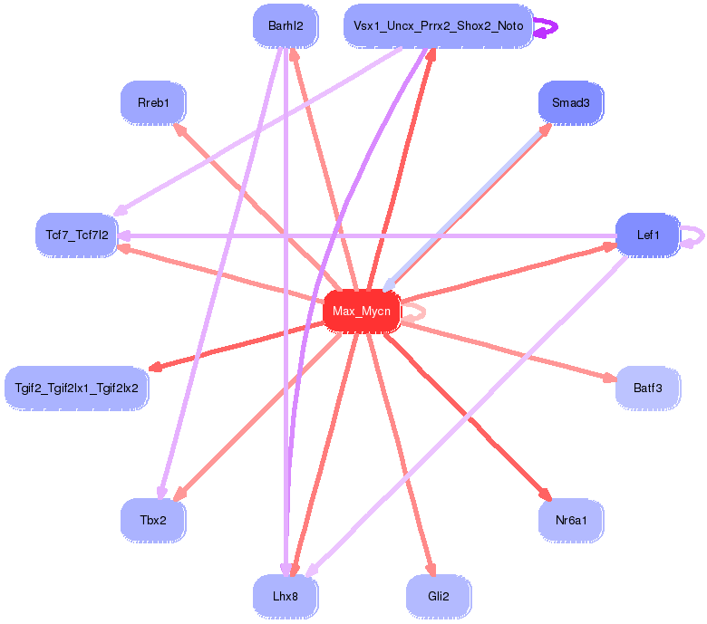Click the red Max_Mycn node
(x=362, y=312)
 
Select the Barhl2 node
(x=286, y=26)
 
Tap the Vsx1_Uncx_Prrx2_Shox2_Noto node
(x=437, y=26)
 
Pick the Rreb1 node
(x=153, y=103)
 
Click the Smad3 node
(x=570, y=103)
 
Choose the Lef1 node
(x=647, y=235)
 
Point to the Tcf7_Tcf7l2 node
(x=77, y=235)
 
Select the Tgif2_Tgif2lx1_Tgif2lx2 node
(x=77, y=389)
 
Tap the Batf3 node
(x=647, y=389)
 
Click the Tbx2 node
(x=153, y=520)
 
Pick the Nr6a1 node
(x=570, y=520)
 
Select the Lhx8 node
(x=286, y=597)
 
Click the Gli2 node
(x=439, y=597)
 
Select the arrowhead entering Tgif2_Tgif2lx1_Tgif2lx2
(x=155, y=367)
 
